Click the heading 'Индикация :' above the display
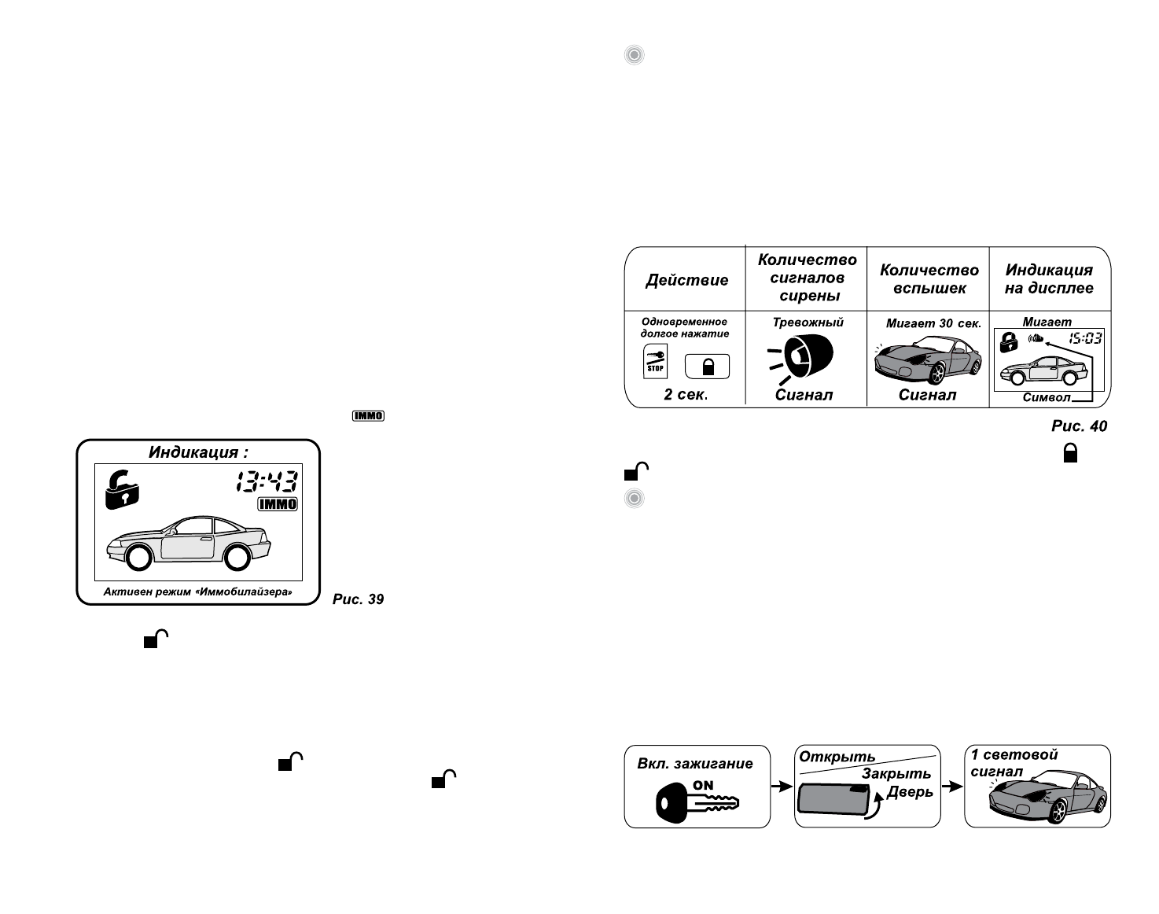(x=198, y=452)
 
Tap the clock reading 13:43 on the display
(x=267, y=481)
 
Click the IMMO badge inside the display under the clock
(x=278, y=504)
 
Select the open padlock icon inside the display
(x=122, y=489)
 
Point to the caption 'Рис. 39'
(x=358, y=599)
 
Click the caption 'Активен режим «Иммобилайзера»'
(x=198, y=592)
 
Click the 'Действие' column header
(x=686, y=280)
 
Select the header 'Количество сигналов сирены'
(x=807, y=278)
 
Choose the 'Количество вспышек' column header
(x=929, y=278)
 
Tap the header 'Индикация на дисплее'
(x=1049, y=279)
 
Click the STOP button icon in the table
(x=655, y=361)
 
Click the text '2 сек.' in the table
(x=686, y=394)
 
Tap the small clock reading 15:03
(x=1085, y=339)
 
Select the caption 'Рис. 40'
(x=1079, y=426)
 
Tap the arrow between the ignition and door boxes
(x=782, y=786)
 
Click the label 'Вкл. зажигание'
(x=695, y=764)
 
